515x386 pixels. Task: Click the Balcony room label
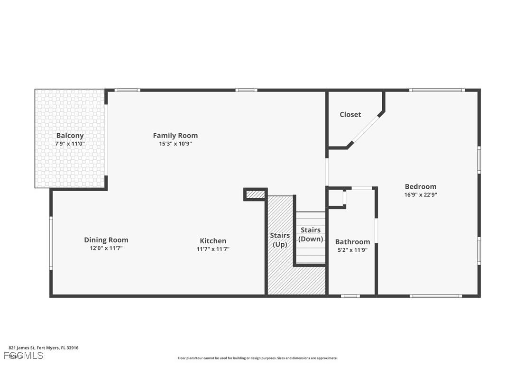coord(70,136)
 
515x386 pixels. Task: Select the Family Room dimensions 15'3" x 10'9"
coord(175,144)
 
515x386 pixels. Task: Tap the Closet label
coord(350,114)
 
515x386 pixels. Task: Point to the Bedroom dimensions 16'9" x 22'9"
coord(420,194)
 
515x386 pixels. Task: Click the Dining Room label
coord(106,240)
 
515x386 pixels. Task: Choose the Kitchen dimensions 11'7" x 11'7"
coord(213,249)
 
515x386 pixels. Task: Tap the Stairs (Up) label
coord(280,239)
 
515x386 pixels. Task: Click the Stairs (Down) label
coord(311,235)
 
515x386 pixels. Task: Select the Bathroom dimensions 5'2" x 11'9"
coord(352,250)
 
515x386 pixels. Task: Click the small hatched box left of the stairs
coord(255,194)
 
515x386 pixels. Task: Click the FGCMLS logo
coord(24,356)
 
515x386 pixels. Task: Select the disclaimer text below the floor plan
coord(257,358)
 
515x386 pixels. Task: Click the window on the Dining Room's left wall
coord(51,243)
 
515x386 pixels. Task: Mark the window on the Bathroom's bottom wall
coord(350,296)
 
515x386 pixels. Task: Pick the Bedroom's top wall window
coord(436,90)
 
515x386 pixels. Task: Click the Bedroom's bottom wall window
coord(435,296)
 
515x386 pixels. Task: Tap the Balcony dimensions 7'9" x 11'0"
coord(70,144)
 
